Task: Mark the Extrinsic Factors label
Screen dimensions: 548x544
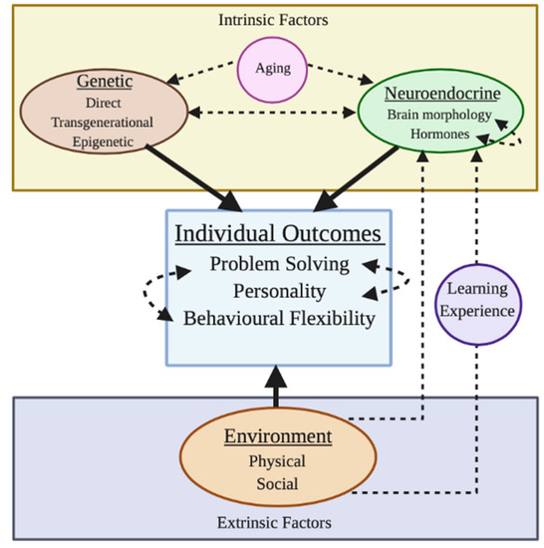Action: coord(272,520)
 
